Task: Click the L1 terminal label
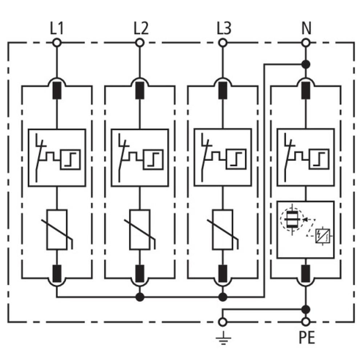click(57, 28)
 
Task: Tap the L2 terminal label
click(141, 28)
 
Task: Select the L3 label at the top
click(224, 28)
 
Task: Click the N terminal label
click(306, 28)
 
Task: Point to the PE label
click(307, 338)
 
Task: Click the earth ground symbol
click(223, 338)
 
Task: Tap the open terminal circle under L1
click(57, 43)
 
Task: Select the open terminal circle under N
click(306, 43)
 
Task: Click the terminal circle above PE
click(306, 322)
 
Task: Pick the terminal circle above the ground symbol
click(223, 322)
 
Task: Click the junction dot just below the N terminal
click(306, 64)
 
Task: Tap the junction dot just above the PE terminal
click(306, 309)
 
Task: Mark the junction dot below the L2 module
click(140, 297)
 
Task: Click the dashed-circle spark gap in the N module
click(291, 219)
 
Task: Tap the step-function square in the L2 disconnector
click(154, 159)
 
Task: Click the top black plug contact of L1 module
click(57, 90)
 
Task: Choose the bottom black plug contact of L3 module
click(223, 274)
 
